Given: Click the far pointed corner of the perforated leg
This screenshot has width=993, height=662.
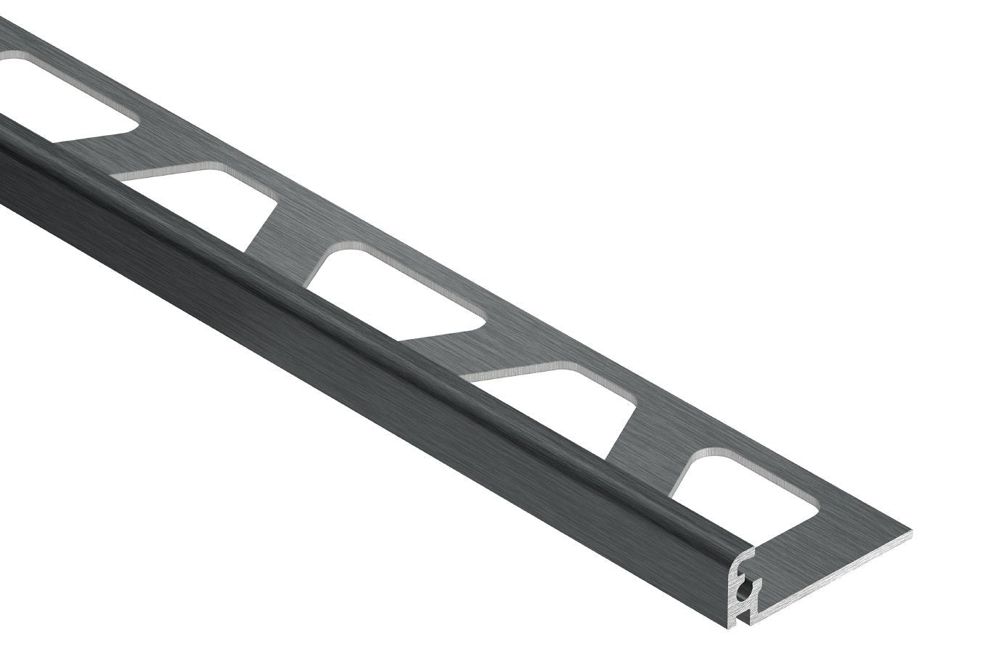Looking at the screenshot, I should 910,534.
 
